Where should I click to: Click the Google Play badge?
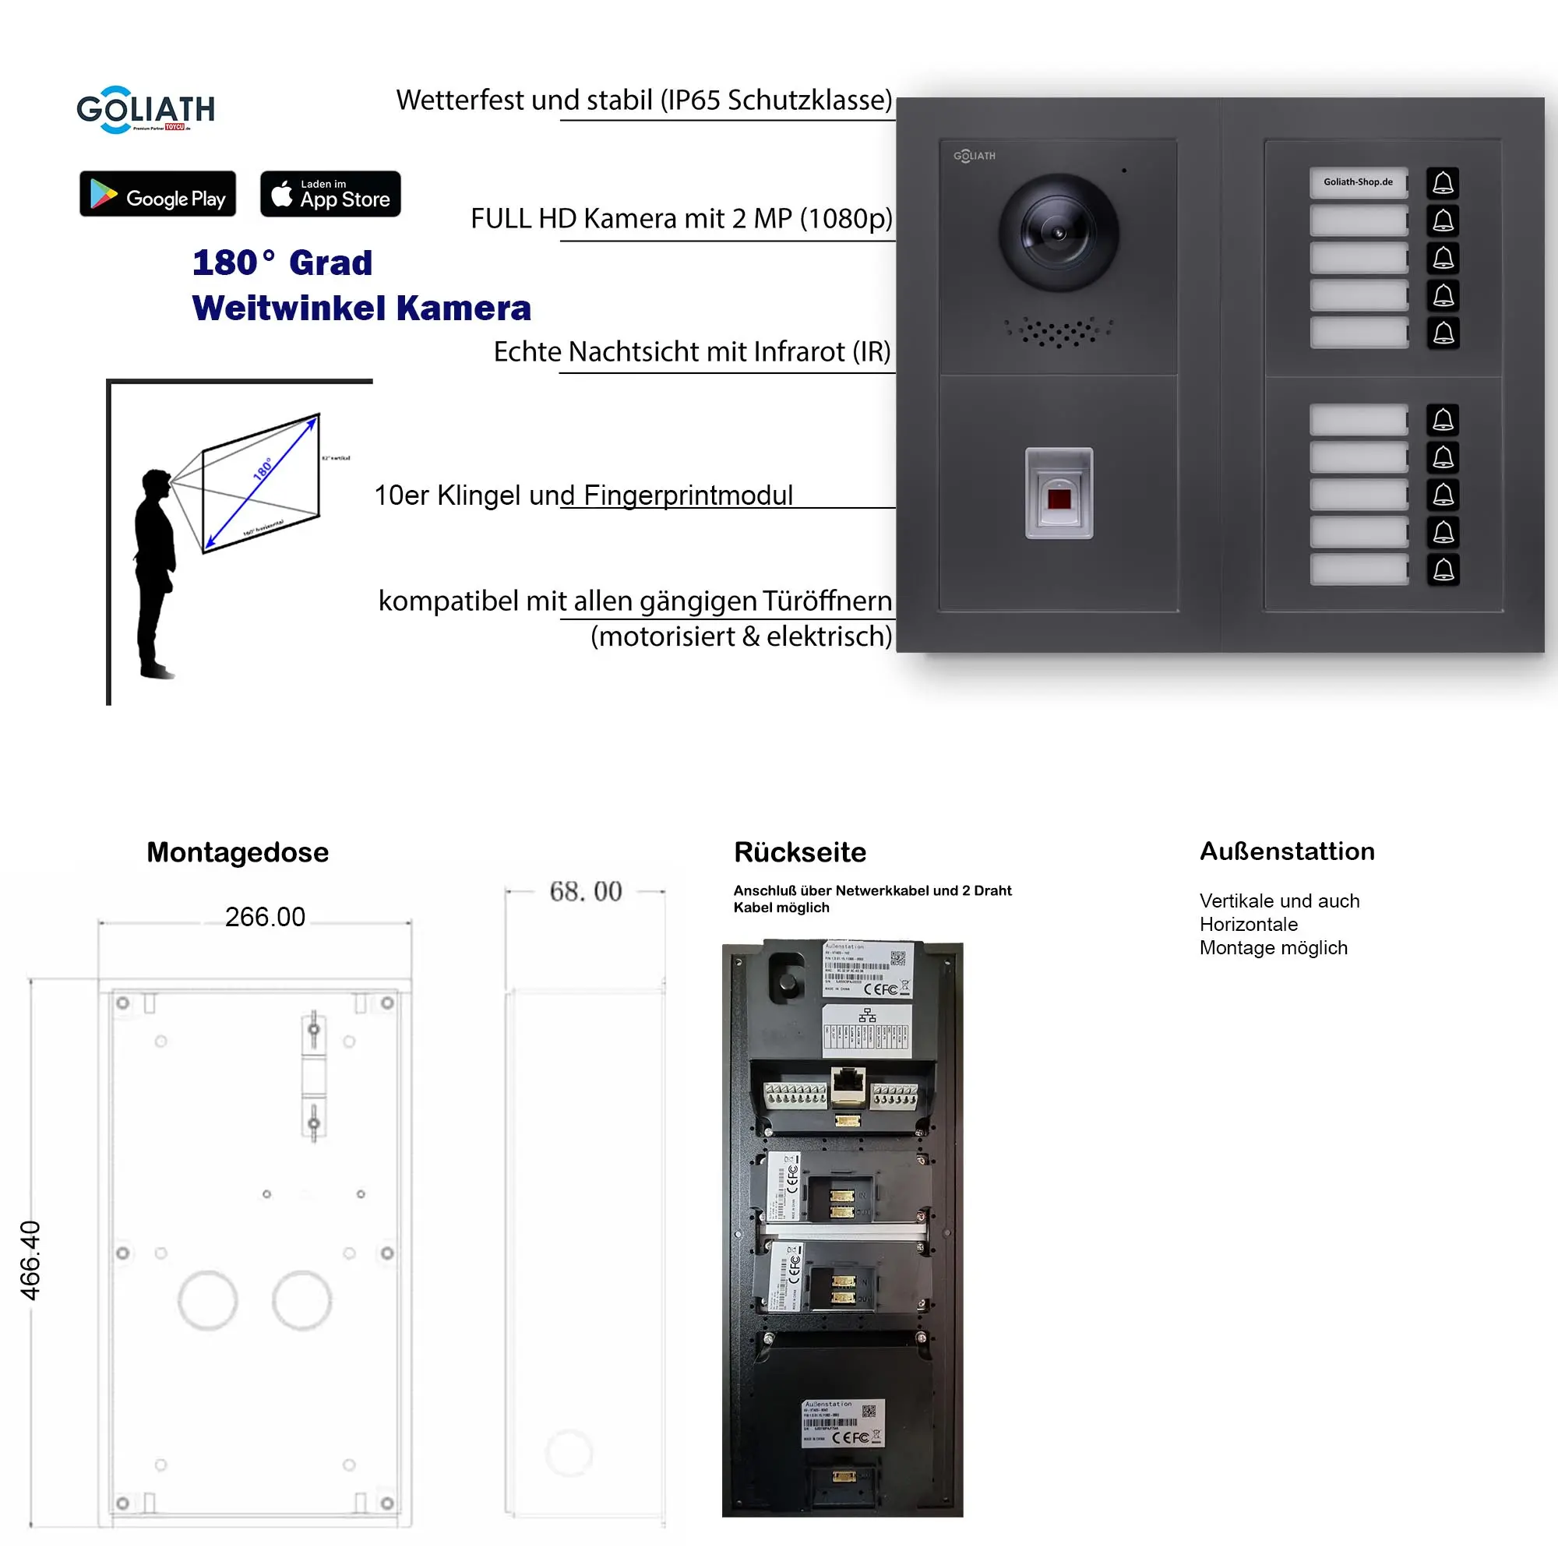[x=157, y=193]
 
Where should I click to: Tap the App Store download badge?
[x=330, y=193]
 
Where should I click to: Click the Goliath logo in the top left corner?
[x=145, y=109]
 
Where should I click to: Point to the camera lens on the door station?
[x=1058, y=232]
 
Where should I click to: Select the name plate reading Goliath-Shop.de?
[x=1358, y=182]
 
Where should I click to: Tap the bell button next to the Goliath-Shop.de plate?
[x=1443, y=183]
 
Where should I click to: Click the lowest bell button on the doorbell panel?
[x=1443, y=569]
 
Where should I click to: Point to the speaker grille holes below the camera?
[x=1058, y=330]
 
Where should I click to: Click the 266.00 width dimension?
[x=265, y=917]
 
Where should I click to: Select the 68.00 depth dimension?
[x=586, y=891]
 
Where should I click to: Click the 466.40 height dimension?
[x=30, y=1260]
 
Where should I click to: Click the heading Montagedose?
[x=237, y=852]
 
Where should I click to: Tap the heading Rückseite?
[x=799, y=852]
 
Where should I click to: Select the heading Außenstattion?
[x=1286, y=851]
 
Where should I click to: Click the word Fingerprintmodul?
[x=687, y=495]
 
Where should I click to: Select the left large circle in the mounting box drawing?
[x=207, y=1300]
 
